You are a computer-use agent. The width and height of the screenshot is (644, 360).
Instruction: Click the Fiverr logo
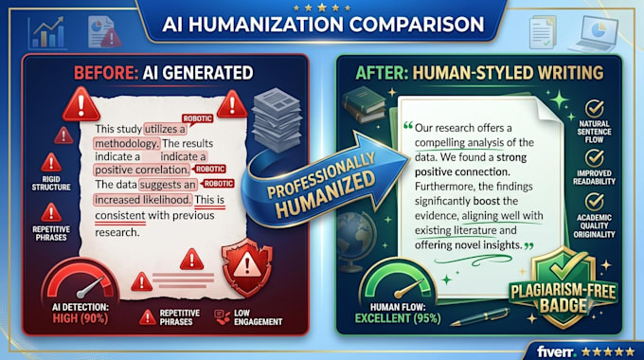click(x=557, y=351)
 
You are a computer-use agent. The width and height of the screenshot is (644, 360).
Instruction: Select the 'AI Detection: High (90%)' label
click(x=80, y=313)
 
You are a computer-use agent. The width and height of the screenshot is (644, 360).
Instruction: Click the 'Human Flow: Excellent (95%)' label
click(x=398, y=313)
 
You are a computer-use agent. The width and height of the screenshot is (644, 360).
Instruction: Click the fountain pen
click(x=480, y=316)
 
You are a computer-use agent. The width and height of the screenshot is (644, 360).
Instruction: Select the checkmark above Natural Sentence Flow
click(x=595, y=109)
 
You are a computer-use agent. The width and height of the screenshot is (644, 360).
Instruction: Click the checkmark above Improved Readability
click(x=595, y=158)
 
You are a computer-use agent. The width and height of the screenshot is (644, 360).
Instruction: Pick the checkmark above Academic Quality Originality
click(x=595, y=202)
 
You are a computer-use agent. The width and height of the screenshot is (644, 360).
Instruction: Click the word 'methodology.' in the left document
click(x=127, y=143)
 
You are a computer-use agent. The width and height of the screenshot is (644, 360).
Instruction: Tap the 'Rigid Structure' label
click(x=51, y=183)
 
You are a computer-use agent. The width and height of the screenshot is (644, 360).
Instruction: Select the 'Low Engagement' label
click(x=258, y=317)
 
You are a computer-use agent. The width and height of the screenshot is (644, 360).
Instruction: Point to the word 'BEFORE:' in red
click(x=106, y=73)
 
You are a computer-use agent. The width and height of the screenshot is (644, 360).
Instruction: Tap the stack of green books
click(x=364, y=105)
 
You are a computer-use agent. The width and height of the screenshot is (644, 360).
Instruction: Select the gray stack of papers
click(x=277, y=119)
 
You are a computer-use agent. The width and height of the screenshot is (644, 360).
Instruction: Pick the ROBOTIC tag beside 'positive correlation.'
click(x=210, y=169)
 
